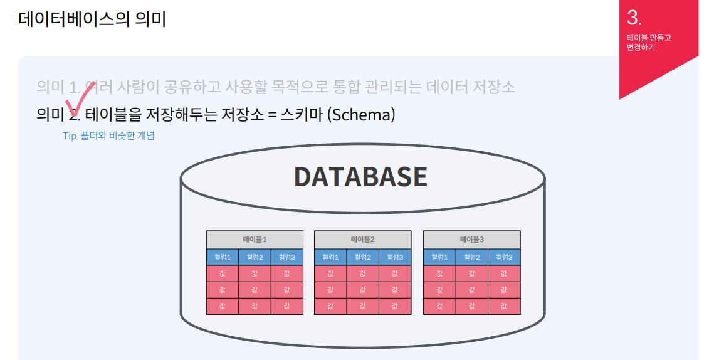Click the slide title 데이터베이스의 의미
tap(92, 19)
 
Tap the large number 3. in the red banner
tap(634, 18)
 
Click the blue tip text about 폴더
tap(108, 136)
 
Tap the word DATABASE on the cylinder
tap(360, 177)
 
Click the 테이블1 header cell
tap(255, 240)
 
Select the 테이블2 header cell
tap(362, 240)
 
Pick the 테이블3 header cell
tap(471, 240)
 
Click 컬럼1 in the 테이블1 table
tap(222, 257)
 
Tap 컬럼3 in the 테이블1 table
tap(286, 257)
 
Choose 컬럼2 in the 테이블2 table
tap(362, 257)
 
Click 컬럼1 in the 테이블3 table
tap(439, 257)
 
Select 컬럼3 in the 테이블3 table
tap(504, 257)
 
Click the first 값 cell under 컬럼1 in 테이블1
tap(222, 273)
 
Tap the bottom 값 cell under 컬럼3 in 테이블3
tap(504, 306)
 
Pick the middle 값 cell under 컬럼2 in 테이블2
tap(362, 290)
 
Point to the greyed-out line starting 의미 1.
tap(276, 87)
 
